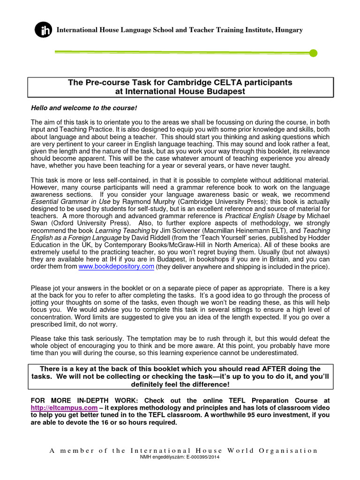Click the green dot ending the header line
pyautogui.click(x=314, y=53)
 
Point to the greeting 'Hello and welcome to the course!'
pyautogui.click(x=83, y=108)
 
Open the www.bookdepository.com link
pyautogui.click(x=116, y=267)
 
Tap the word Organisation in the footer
pyautogui.click(x=286, y=450)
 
